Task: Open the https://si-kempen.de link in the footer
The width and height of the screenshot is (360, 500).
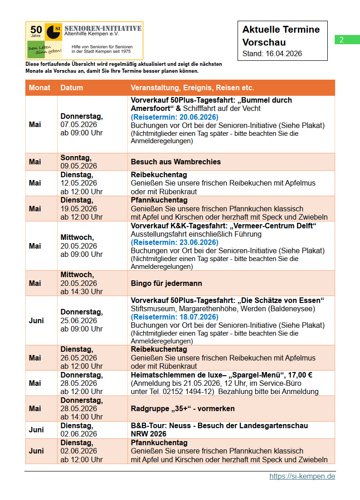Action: coord(302,477)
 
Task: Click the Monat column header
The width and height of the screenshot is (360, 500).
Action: coord(40,87)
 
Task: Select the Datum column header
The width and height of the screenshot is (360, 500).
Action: coord(72,87)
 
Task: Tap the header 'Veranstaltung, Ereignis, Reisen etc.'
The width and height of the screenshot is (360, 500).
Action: coord(192,87)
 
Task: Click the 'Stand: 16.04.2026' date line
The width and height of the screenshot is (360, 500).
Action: coord(272,53)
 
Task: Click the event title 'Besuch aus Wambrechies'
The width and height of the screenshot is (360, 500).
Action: coord(176,162)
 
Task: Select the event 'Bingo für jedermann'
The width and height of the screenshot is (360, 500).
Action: coord(167,283)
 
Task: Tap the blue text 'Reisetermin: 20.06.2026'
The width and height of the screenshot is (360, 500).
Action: coord(174,117)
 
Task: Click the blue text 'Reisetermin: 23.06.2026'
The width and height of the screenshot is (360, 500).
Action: coord(174,243)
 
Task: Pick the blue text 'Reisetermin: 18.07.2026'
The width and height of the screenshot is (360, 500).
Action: coord(174,317)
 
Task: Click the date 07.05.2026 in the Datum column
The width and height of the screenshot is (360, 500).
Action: coord(79,125)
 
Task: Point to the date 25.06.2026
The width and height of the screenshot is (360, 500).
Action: coord(79,320)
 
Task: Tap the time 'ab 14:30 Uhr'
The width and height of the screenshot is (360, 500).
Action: coord(82,291)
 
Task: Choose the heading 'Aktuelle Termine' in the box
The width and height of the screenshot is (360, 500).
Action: coord(281,29)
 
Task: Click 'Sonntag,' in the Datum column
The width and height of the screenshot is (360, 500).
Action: coord(76,157)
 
